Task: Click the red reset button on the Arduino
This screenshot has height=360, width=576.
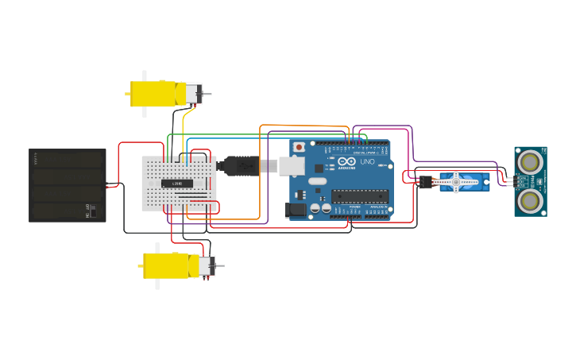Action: click(299, 147)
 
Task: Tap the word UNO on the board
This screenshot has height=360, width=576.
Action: click(367, 162)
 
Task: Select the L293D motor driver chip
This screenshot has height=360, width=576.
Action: click(177, 184)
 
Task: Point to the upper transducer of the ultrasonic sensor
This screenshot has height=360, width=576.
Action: click(530, 162)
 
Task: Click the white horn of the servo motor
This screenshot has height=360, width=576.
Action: click(456, 183)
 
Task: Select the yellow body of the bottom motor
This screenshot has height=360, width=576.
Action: click(169, 265)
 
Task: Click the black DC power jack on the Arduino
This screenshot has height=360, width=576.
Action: click(296, 210)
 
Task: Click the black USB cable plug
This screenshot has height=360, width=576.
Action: click(238, 165)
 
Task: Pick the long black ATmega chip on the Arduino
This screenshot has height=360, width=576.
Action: click(361, 196)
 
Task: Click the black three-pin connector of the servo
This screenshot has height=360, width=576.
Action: click(426, 182)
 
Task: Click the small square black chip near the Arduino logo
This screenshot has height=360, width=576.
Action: click(319, 168)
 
